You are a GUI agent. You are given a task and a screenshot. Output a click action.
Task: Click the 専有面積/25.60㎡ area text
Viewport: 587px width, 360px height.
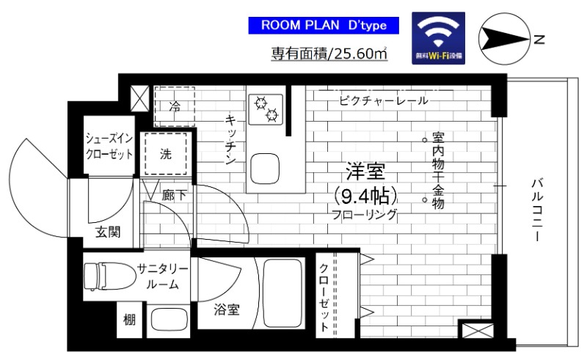click(x=329, y=54)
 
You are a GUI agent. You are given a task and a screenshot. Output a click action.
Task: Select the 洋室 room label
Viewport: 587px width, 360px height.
click(x=365, y=175)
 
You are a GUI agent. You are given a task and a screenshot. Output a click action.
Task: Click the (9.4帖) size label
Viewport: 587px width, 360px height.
click(x=365, y=196)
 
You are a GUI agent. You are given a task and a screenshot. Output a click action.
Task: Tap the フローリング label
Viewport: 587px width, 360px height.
click(x=365, y=215)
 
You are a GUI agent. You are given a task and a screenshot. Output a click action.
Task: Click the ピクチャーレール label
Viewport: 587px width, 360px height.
click(x=384, y=100)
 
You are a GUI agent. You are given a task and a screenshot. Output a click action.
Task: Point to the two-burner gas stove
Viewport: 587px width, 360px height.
click(x=266, y=109)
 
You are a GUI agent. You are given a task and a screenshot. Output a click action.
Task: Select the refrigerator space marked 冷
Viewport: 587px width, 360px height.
click(x=175, y=106)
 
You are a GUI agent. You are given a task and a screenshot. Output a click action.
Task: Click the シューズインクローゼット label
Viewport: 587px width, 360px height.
click(x=109, y=145)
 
